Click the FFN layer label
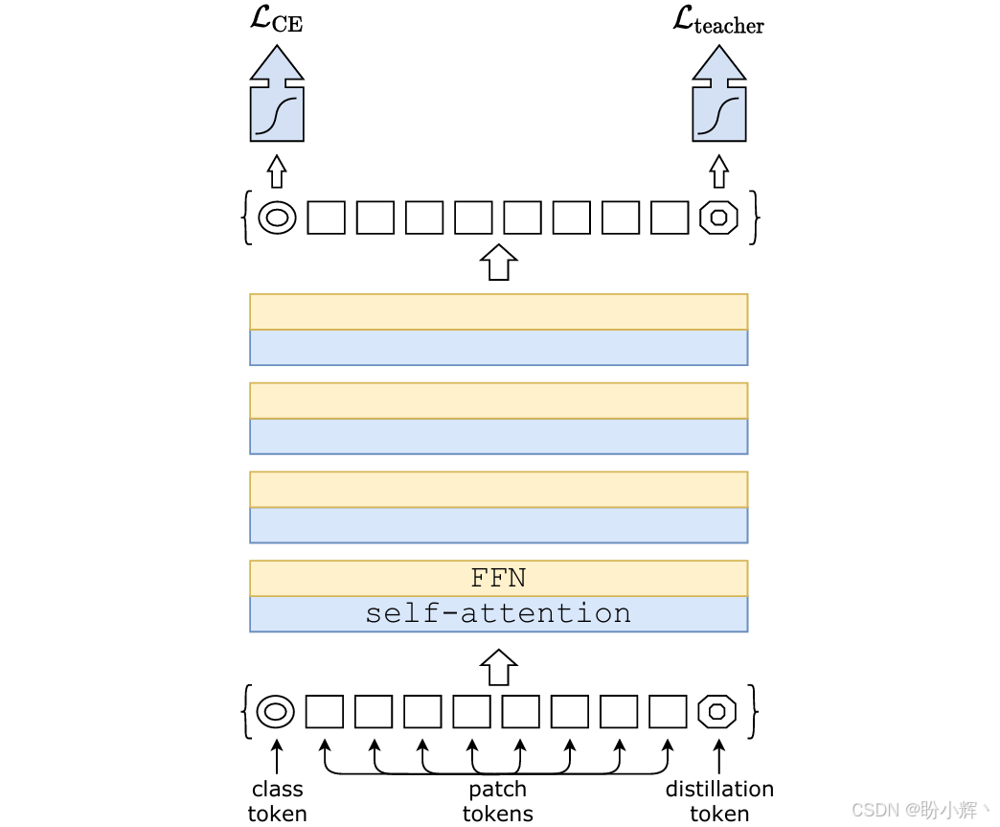[498, 578]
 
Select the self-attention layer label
[498, 613]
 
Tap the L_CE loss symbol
[275, 20]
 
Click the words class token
[277, 801]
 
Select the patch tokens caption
[497, 801]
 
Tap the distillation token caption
[719, 801]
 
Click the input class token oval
[276, 712]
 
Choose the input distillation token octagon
[717, 712]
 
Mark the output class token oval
[277, 218]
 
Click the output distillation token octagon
[718, 218]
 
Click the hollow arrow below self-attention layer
[498, 666]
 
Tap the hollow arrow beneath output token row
[498, 262]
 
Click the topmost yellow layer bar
[498, 311]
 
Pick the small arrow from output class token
[277, 172]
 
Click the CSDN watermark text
[915, 811]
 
